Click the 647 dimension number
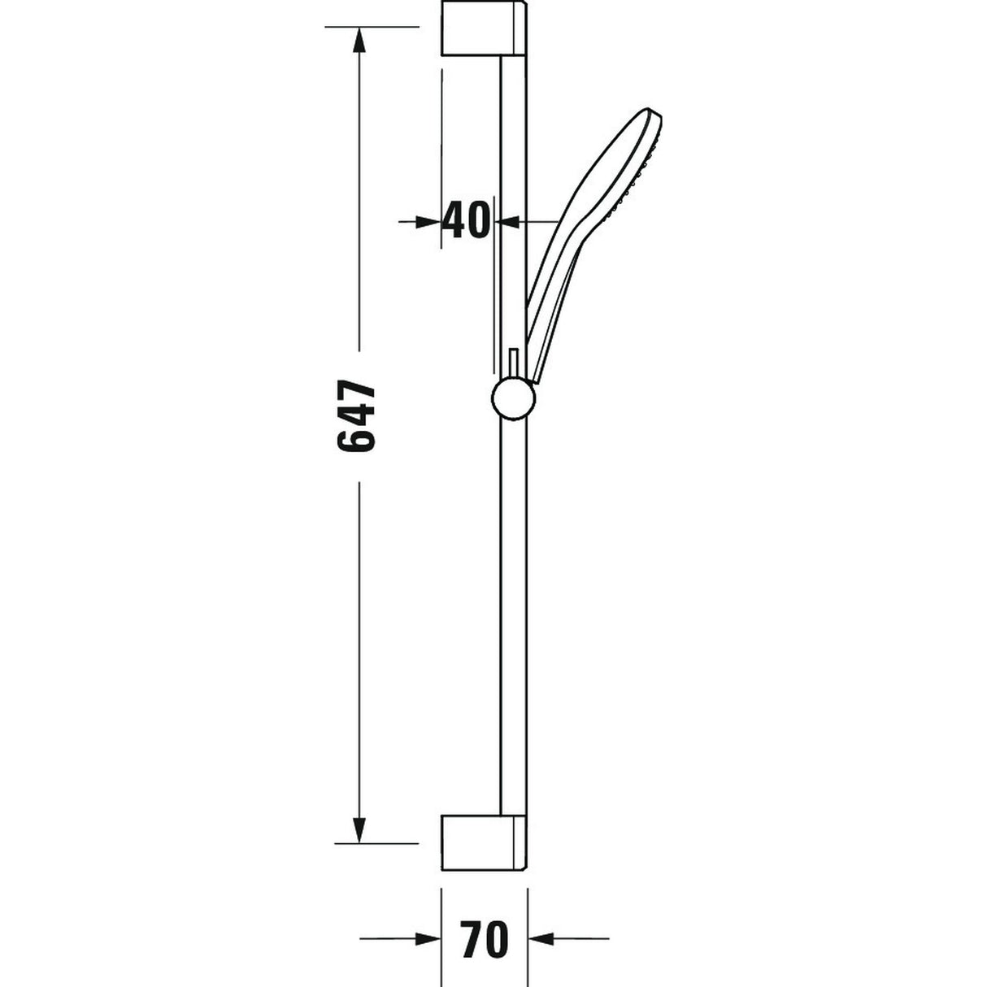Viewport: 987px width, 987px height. coord(357,415)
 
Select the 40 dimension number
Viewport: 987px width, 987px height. coord(467,220)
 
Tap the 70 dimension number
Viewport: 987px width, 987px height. coord(484,940)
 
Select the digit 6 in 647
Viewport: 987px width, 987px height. coord(357,440)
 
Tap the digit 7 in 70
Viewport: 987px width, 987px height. coord(472,940)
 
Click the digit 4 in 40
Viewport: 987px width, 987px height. coord(454,220)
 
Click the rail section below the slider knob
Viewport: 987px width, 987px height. coord(514,610)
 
